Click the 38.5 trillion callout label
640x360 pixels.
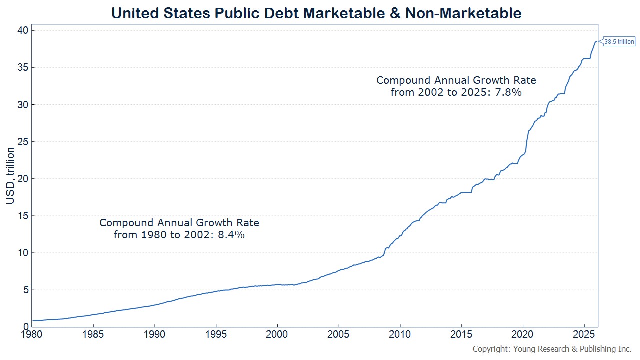619,42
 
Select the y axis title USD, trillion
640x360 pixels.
10,176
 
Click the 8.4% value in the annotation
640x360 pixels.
231,234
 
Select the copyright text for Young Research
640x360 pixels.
552,349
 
